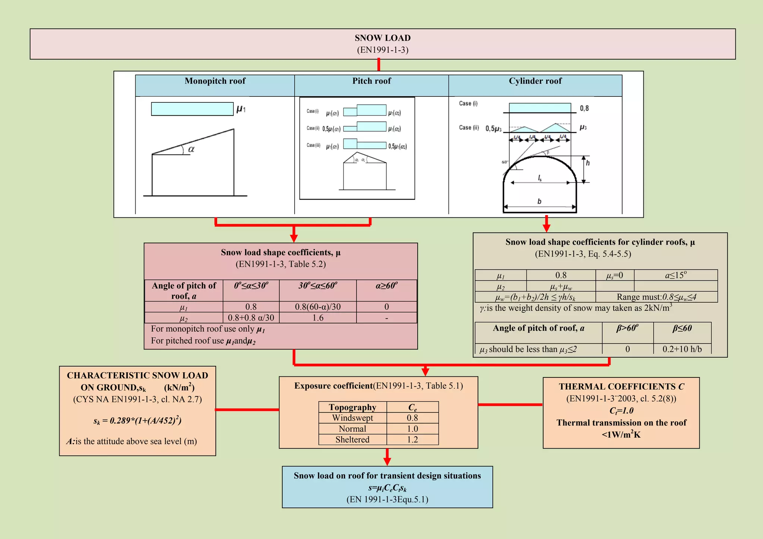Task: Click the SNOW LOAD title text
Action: [x=383, y=38]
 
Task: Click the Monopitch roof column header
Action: [x=215, y=81]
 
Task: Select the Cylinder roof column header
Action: [x=535, y=81]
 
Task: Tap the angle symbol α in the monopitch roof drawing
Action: [x=191, y=149]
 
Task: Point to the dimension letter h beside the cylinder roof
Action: [x=588, y=163]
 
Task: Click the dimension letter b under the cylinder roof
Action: [x=539, y=201]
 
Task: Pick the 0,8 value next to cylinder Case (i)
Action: [x=584, y=108]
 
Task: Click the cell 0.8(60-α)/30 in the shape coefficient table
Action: [x=318, y=307]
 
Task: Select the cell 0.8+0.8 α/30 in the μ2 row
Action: [x=251, y=318]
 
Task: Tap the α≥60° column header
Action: [x=386, y=286]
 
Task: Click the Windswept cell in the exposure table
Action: [x=352, y=418]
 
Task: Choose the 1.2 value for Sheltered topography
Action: [x=412, y=440]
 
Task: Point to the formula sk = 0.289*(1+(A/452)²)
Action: [x=137, y=421]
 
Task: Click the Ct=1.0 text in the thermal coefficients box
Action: [x=621, y=411]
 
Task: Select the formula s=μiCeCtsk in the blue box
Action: [x=387, y=488]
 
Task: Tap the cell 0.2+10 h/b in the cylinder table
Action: [x=682, y=349]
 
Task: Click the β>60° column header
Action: [x=627, y=328]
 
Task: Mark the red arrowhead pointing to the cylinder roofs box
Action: [x=547, y=228]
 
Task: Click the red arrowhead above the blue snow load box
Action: [x=387, y=461]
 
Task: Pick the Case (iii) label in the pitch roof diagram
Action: [x=313, y=145]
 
